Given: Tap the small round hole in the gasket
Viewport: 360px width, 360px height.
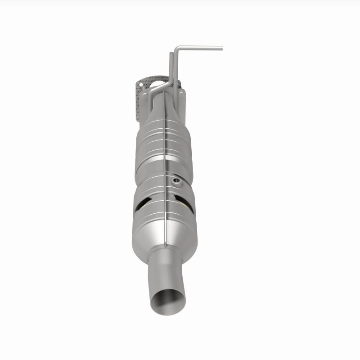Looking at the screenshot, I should coord(140,84).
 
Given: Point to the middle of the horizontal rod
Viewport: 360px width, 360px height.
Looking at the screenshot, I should coord(200,47).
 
